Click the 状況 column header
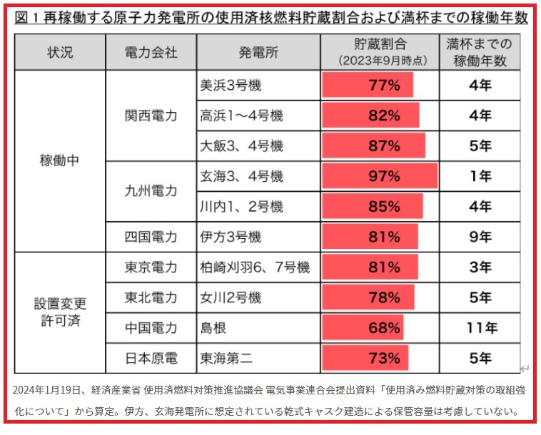(60, 53)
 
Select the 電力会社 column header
(150, 53)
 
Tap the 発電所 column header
(258, 53)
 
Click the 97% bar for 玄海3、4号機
(380, 175)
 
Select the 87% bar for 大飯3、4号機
(374, 145)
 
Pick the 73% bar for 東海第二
(366, 358)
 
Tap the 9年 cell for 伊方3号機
(480, 236)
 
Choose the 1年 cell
(480, 175)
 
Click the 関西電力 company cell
(150, 116)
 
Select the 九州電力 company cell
(150, 191)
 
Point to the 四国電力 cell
(150, 236)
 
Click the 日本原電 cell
(150, 358)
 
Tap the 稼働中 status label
(60, 161)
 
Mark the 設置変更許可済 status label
(60, 312)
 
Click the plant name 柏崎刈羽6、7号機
(255, 267)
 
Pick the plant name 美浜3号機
(231, 86)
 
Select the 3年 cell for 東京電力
(480, 267)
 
